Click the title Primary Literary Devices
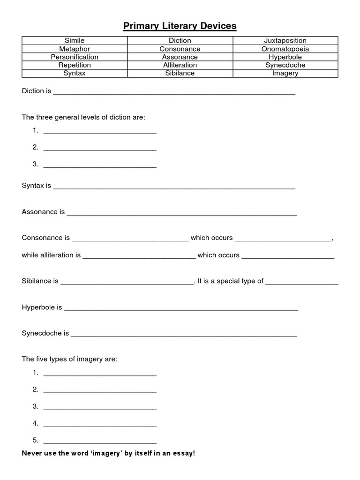coord(180,26)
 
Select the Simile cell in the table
coord(75,41)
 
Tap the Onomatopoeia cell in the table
coord(285,49)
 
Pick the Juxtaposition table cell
coord(285,41)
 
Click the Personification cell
coord(75,57)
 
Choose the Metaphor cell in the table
coord(75,49)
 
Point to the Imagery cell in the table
coord(285,73)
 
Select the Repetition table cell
coord(75,65)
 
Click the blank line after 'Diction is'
coord(174,92)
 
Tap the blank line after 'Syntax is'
coord(174,187)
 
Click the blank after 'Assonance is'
coord(181,213)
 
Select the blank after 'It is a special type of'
coord(302,282)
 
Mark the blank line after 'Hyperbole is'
coord(181,308)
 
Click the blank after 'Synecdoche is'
coord(184,334)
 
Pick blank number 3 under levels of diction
coord(100,165)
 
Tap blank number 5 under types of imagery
coord(100,441)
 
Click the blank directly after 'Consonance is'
coord(130,239)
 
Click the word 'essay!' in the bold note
coord(183,454)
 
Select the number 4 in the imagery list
coord(35,423)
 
